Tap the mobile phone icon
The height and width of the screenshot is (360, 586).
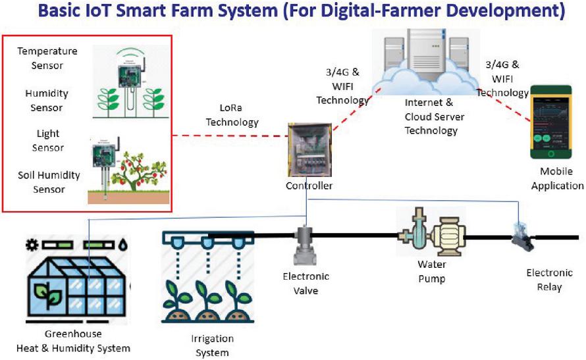point(552,122)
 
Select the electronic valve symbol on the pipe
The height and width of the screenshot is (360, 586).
point(306,245)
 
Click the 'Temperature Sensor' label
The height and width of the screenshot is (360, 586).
point(47,58)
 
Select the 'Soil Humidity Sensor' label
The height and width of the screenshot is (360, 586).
point(48,182)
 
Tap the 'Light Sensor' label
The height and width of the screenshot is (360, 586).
point(48,140)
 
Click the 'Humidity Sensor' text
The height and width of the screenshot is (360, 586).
point(47,100)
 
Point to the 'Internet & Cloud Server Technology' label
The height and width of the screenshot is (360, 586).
point(434,116)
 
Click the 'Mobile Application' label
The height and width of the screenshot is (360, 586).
point(557,178)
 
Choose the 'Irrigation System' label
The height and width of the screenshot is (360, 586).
point(212,346)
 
